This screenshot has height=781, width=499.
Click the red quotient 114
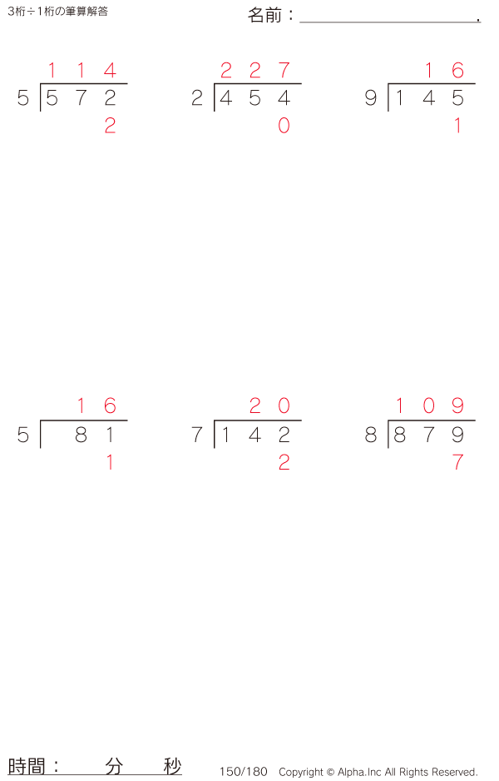tap(81, 71)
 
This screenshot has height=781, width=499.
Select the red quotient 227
tap(254, 71)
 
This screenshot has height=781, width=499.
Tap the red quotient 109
tap(428, 406)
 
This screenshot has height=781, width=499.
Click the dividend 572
tap(81, 99)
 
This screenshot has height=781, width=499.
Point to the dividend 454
tap(254, 99)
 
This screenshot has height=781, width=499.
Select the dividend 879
tap(428, 435)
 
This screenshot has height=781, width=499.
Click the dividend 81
tap(95, 435)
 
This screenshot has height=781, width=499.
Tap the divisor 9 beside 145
tap(371, 99)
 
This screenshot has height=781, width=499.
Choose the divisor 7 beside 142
tap(197, 435)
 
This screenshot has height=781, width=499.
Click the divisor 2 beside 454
tap(197, 99)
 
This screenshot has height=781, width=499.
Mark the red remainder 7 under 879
tap(457, 463)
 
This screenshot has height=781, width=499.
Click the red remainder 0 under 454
tap(284, 127)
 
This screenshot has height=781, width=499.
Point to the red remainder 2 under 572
tap(110, 127)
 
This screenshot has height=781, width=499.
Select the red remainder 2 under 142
tap(284, 463)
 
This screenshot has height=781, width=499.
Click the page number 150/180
tap(244, 772)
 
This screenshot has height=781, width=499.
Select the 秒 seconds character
tap(172, 766)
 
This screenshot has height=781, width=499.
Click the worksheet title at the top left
tap(57, 12)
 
